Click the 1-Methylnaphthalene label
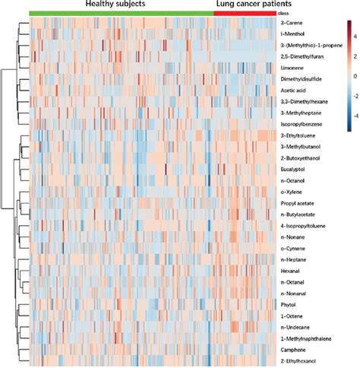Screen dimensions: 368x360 (x=307, y=335)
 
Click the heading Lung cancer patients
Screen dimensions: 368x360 (x=246, y=5)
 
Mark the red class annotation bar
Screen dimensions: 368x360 (x=245, y=14)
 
